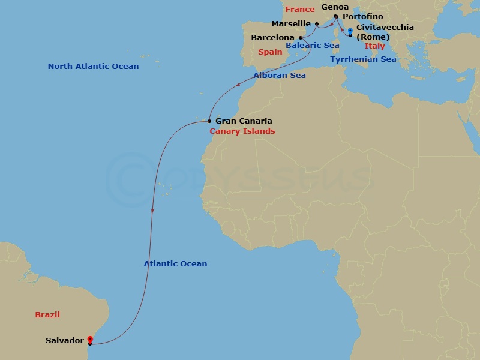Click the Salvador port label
64,341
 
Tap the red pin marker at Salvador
89,339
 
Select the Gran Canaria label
244,121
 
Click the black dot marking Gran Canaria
209,121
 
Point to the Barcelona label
272,37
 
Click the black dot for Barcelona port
300,37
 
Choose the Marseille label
291,24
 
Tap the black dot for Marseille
317,24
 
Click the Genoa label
335,7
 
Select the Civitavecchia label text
385,28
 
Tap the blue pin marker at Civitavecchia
350,29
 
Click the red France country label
300,10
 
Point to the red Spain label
270,52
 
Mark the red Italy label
374,46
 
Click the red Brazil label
47,314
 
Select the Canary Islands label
242,131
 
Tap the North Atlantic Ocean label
93,67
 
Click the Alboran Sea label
280,76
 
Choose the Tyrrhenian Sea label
363,59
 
